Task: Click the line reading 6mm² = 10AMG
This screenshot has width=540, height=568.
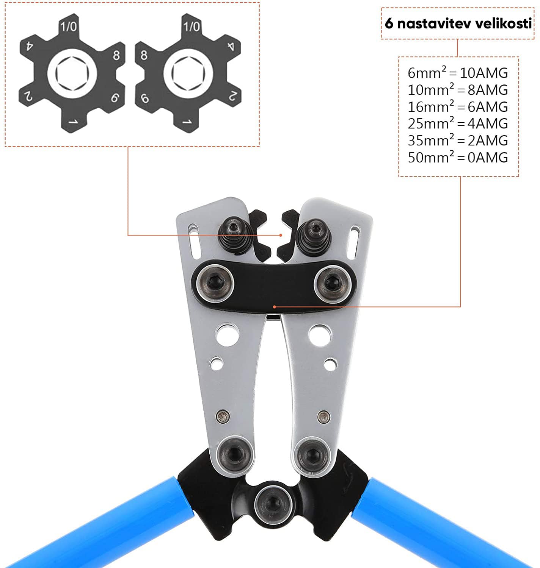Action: click(x=458, y=73)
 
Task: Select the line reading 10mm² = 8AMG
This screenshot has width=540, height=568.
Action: click(x=458, y=90)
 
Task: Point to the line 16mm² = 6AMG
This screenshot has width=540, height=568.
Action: click(x=458, y=106)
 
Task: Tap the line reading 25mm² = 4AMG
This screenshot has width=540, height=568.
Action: click(x=458, y=123)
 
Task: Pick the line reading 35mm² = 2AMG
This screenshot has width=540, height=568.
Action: click(x=458, y=140)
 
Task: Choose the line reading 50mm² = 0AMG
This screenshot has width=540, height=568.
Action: click(x=458, y=157)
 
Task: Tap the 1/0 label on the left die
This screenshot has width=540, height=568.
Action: click(x=69, y=27)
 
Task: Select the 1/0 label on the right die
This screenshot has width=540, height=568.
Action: click(x=192, y=27)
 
